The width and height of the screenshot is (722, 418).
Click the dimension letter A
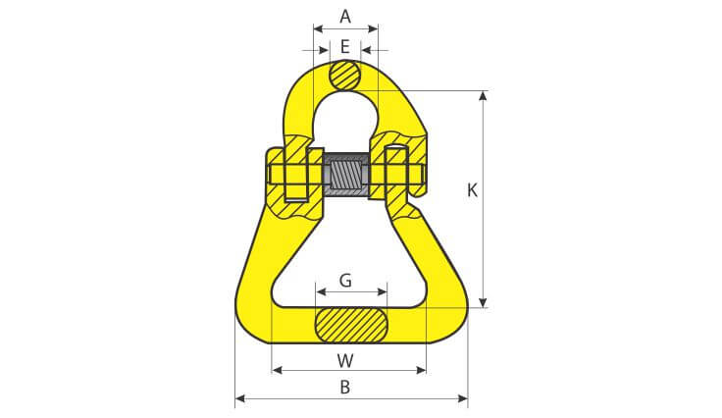pos(345,17)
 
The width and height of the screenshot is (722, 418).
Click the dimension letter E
pos(345,47)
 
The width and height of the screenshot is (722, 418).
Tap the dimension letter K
pos(472,190)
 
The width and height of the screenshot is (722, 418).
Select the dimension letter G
pos(345,280)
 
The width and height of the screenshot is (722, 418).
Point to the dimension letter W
pos(345,361)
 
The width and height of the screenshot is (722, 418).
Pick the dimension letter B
pos(345,388)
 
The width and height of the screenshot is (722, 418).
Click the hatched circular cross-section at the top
pos(345,76)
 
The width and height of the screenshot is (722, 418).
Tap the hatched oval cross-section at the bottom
pos(351,325)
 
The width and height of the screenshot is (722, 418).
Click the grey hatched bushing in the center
pos(346,175)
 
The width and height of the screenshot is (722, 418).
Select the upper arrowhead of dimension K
pos(483,95)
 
